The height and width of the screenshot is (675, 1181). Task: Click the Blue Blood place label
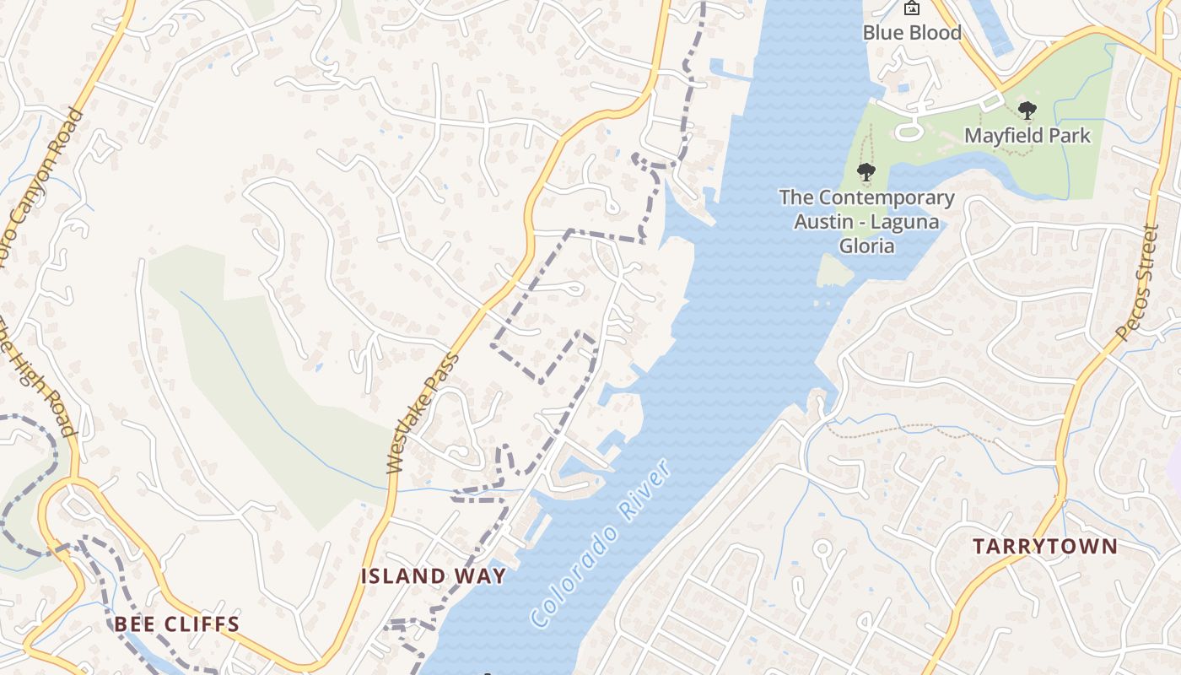(x=912, y=33)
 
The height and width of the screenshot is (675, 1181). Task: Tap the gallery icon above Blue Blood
(x=911, y=8)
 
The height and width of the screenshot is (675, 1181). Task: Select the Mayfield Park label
(x=1027, y=136)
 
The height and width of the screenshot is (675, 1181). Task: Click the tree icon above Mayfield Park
(x=1027, y=111)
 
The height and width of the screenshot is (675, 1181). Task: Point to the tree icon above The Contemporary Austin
(x=866, y=173)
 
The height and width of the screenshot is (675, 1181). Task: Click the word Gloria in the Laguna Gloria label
(x=866, y=246)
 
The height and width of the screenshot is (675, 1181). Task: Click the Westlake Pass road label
(x=423, y=413)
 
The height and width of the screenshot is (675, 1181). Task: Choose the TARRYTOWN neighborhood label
(x=1044, y=547)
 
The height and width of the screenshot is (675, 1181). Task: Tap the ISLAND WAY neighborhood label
(x=434, y=576)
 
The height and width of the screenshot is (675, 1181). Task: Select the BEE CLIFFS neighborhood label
(x=177, y=624)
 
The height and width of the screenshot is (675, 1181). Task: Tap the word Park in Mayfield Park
(x=1069, y=136)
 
